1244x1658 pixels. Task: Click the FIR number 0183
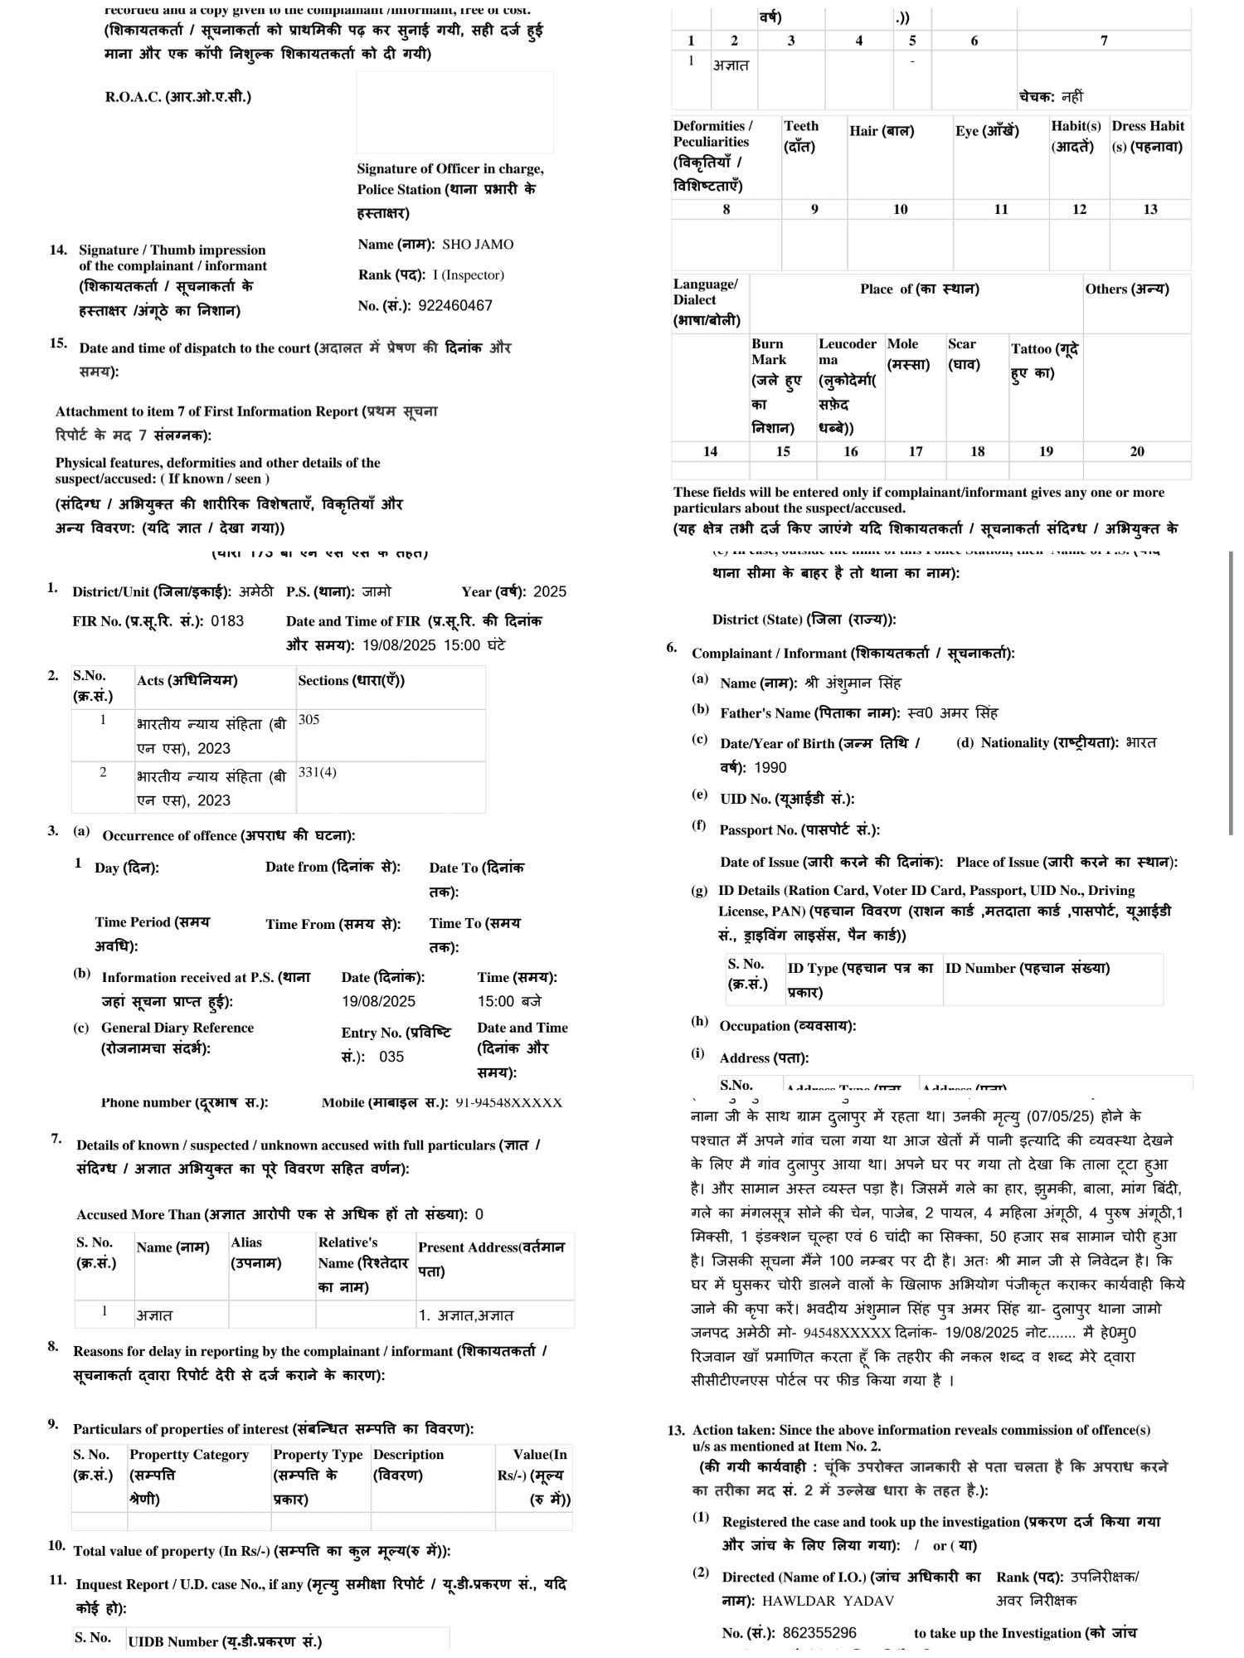tap(227, 621)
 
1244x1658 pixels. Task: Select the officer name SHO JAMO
tap(478, 245)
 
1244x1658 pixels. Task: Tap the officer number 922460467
tap(455, 306)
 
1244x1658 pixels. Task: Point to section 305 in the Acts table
tap(309, 720)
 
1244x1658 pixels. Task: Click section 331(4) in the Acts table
tap(317, 772)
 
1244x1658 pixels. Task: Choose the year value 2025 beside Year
tap(550, 592)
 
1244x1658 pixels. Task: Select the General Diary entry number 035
tap(391, 1058)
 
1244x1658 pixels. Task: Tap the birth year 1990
tap(770, 768)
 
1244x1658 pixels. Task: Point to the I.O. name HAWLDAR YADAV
tap(828, 1601)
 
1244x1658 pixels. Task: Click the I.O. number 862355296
tap(819, 1633)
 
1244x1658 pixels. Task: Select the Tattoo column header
tap(1044, 361)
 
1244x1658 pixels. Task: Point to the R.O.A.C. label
tap(177, 97)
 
